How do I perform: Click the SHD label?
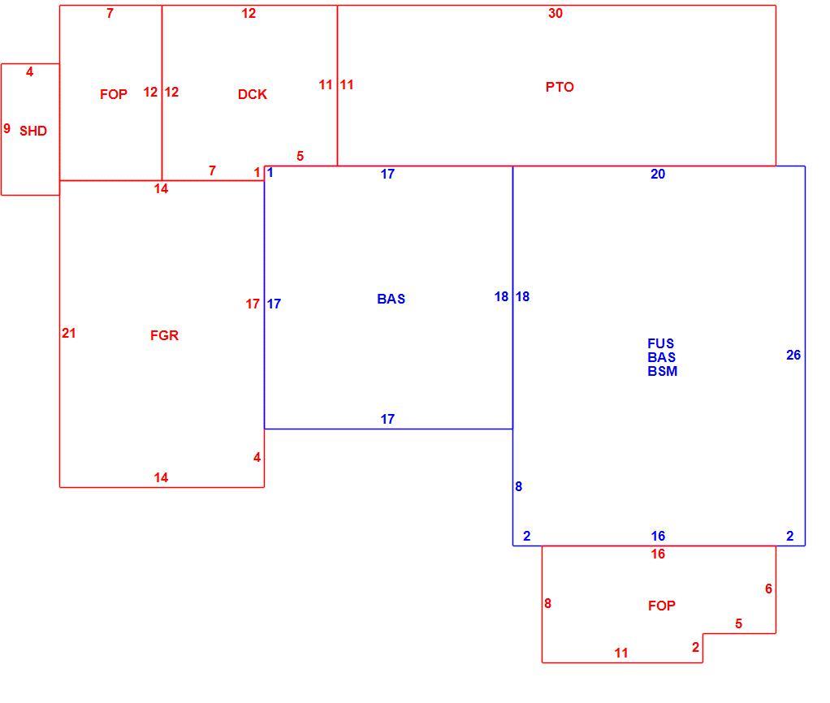click(33, 131)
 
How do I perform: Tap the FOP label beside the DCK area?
click(114, 94)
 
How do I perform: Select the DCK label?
click(253, 94)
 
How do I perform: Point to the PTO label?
click(560, 87)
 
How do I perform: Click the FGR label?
click(165, 335)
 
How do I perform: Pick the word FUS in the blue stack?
click(660, 343)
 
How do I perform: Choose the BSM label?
click(662, 371)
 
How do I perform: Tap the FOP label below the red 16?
click(662, 606)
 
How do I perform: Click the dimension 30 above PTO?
click(555, 13)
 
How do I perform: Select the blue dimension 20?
click(658, 174)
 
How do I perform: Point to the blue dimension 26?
click(793, 355)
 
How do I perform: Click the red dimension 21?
click(69, 334)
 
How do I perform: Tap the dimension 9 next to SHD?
click(6, 128)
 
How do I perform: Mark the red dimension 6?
click(768, 589)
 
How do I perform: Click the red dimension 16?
click(658, 554)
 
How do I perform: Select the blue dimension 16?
click(658, 536)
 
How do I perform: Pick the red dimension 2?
click(695, 647)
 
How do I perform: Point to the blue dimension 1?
click(270, 172)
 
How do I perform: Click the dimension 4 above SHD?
click(29, 71)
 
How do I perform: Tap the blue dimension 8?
click(519, 486)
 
